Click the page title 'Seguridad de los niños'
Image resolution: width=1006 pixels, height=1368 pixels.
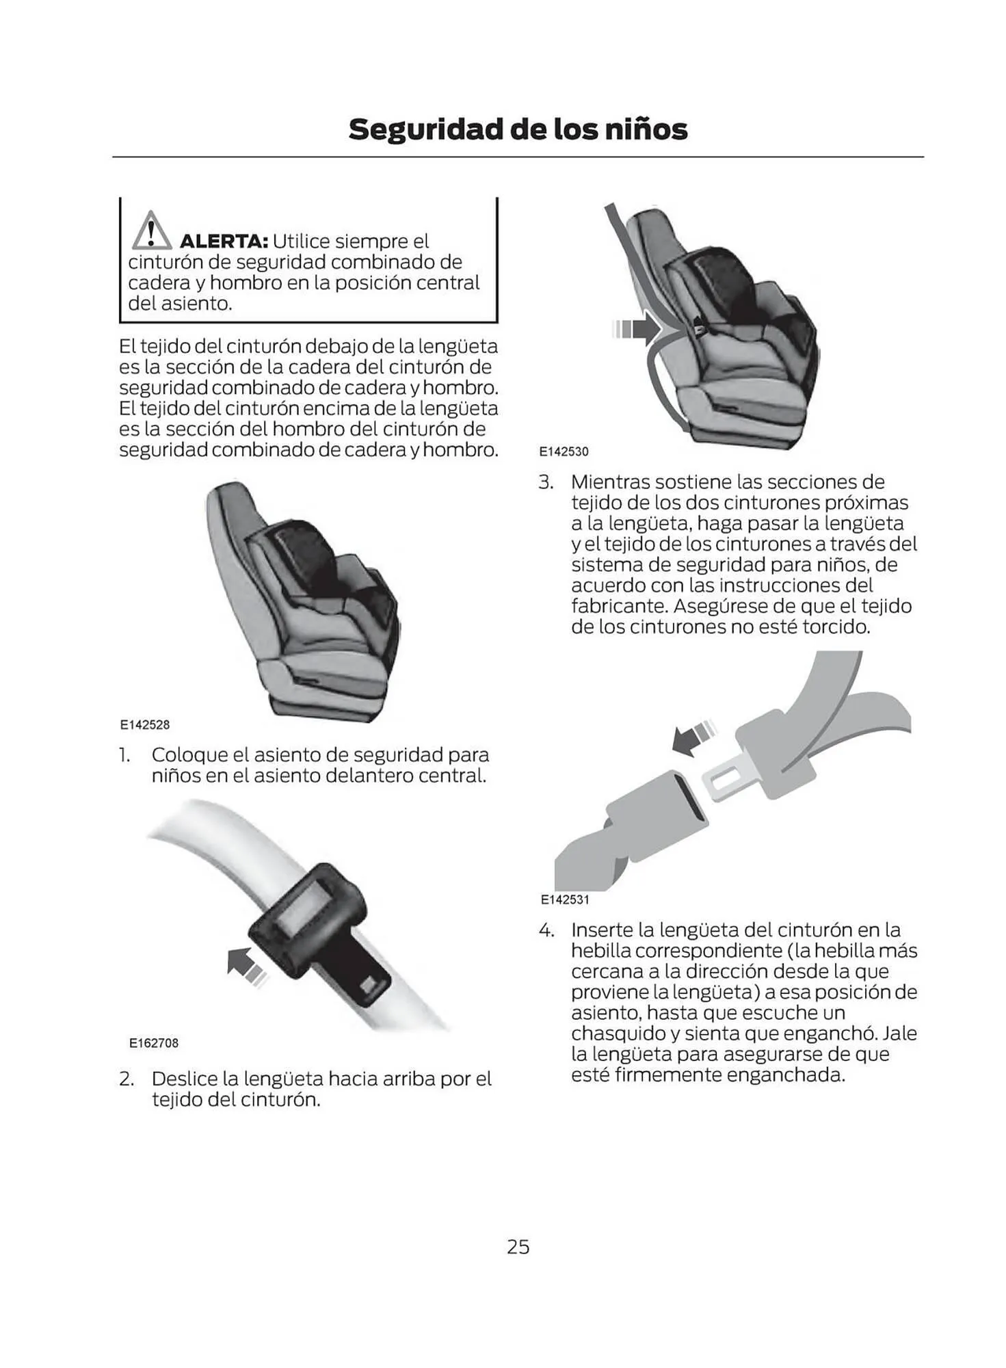pyautogui.click(x=518, y=129)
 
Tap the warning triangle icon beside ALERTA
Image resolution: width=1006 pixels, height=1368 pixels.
pyautogui.click(x=151, y=231)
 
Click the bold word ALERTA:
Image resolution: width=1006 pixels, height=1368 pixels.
pyautogui.click(x=223, y=241)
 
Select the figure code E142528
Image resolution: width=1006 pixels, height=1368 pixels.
pyautogui.click(x=145, y=725)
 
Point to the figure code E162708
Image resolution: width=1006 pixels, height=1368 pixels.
pyautogui.click(x=154, y=1043)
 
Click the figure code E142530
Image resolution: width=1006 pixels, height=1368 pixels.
pyautogui.click(x=564, y=451)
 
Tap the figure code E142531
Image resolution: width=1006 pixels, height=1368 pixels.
pyautogui.click(x=565, y=899)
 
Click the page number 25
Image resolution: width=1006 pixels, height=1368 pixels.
pyautogui.click(x=518, y=1247)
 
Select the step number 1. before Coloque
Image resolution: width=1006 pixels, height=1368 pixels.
pyautogui.click(x=124, y=755)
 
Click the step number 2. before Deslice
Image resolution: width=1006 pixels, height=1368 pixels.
pyautogui.click(x=126, y=1079)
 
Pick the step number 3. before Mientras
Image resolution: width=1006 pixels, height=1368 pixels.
pyautogui.click(x=545, y=482)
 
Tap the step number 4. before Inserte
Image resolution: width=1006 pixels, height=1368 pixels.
pyautogui.click(x=546, y=930)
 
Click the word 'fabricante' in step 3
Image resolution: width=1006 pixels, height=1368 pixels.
pyautogui.click(x=620, y=606)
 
